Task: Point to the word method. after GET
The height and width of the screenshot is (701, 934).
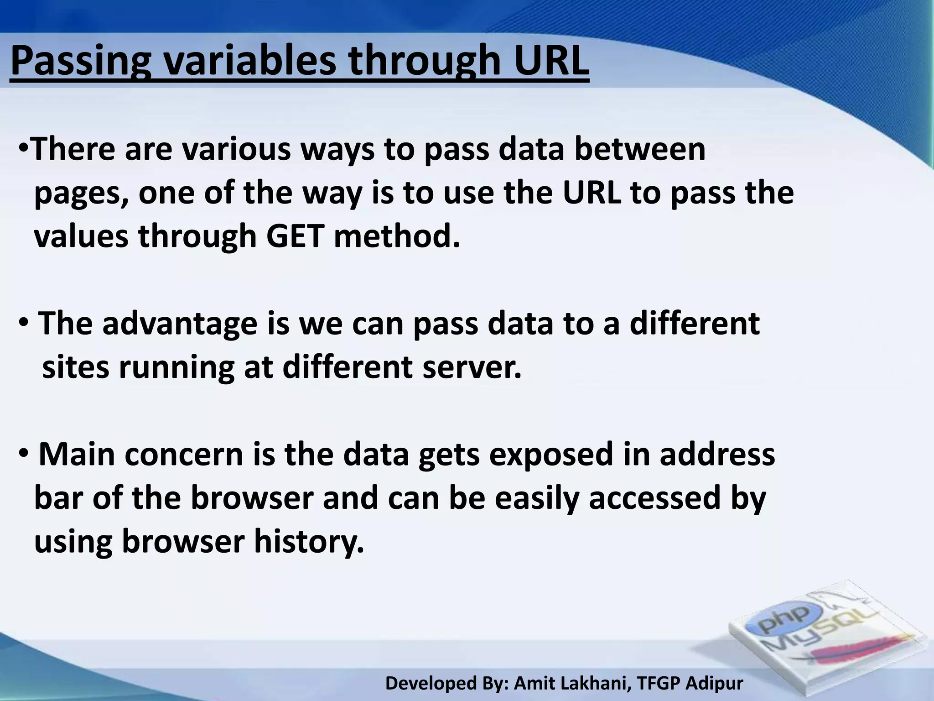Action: pyautogui.click(x=397, y=236)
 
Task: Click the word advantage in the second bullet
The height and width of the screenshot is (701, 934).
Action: pyautogui.click(x=180, y=323)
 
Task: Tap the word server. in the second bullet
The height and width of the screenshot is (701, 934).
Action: pyautogui.click(x=472, y=367)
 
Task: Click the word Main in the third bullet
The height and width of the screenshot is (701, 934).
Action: pyautogui.click(x=77, y=455)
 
